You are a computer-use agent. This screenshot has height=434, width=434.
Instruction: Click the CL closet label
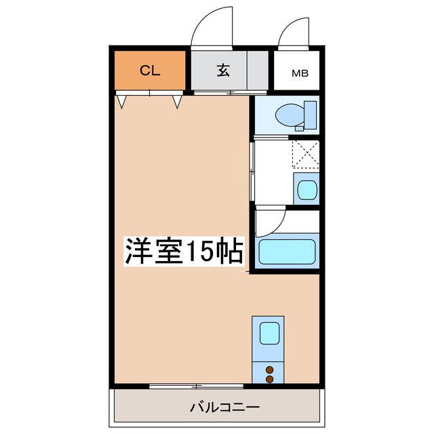point(150,71)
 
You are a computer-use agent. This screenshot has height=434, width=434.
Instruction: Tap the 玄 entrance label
point(222,71)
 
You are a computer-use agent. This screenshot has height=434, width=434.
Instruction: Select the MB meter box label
point(299,72)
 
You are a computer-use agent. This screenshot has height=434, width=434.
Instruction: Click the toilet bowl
point(292,115)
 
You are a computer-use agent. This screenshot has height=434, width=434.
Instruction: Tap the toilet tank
point(311,115)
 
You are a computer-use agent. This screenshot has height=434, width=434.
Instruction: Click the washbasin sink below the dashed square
point(305,188)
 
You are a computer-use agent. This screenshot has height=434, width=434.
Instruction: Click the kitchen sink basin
point(269,333)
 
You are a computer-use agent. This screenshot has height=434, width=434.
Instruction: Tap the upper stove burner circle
point(269,370)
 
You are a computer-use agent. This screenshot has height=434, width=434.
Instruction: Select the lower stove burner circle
point(269,380)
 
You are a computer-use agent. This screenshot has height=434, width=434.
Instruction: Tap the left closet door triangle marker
point(122,102)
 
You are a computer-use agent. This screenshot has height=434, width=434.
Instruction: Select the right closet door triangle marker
point(178,102)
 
